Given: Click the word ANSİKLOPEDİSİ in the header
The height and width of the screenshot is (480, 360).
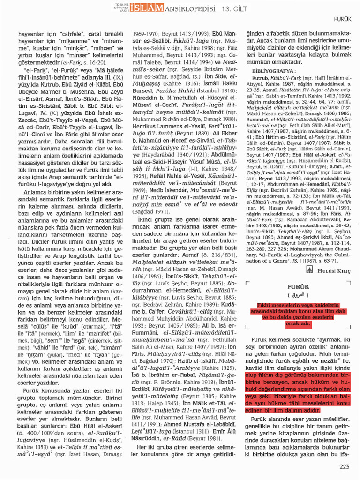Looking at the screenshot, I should pos(189,7).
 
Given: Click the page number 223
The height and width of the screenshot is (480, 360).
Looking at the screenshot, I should pos(345,466).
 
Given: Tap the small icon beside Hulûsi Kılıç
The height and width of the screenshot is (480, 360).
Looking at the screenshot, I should pos(310,269).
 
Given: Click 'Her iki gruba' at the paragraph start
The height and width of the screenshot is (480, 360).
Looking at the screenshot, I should pos(157,447).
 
